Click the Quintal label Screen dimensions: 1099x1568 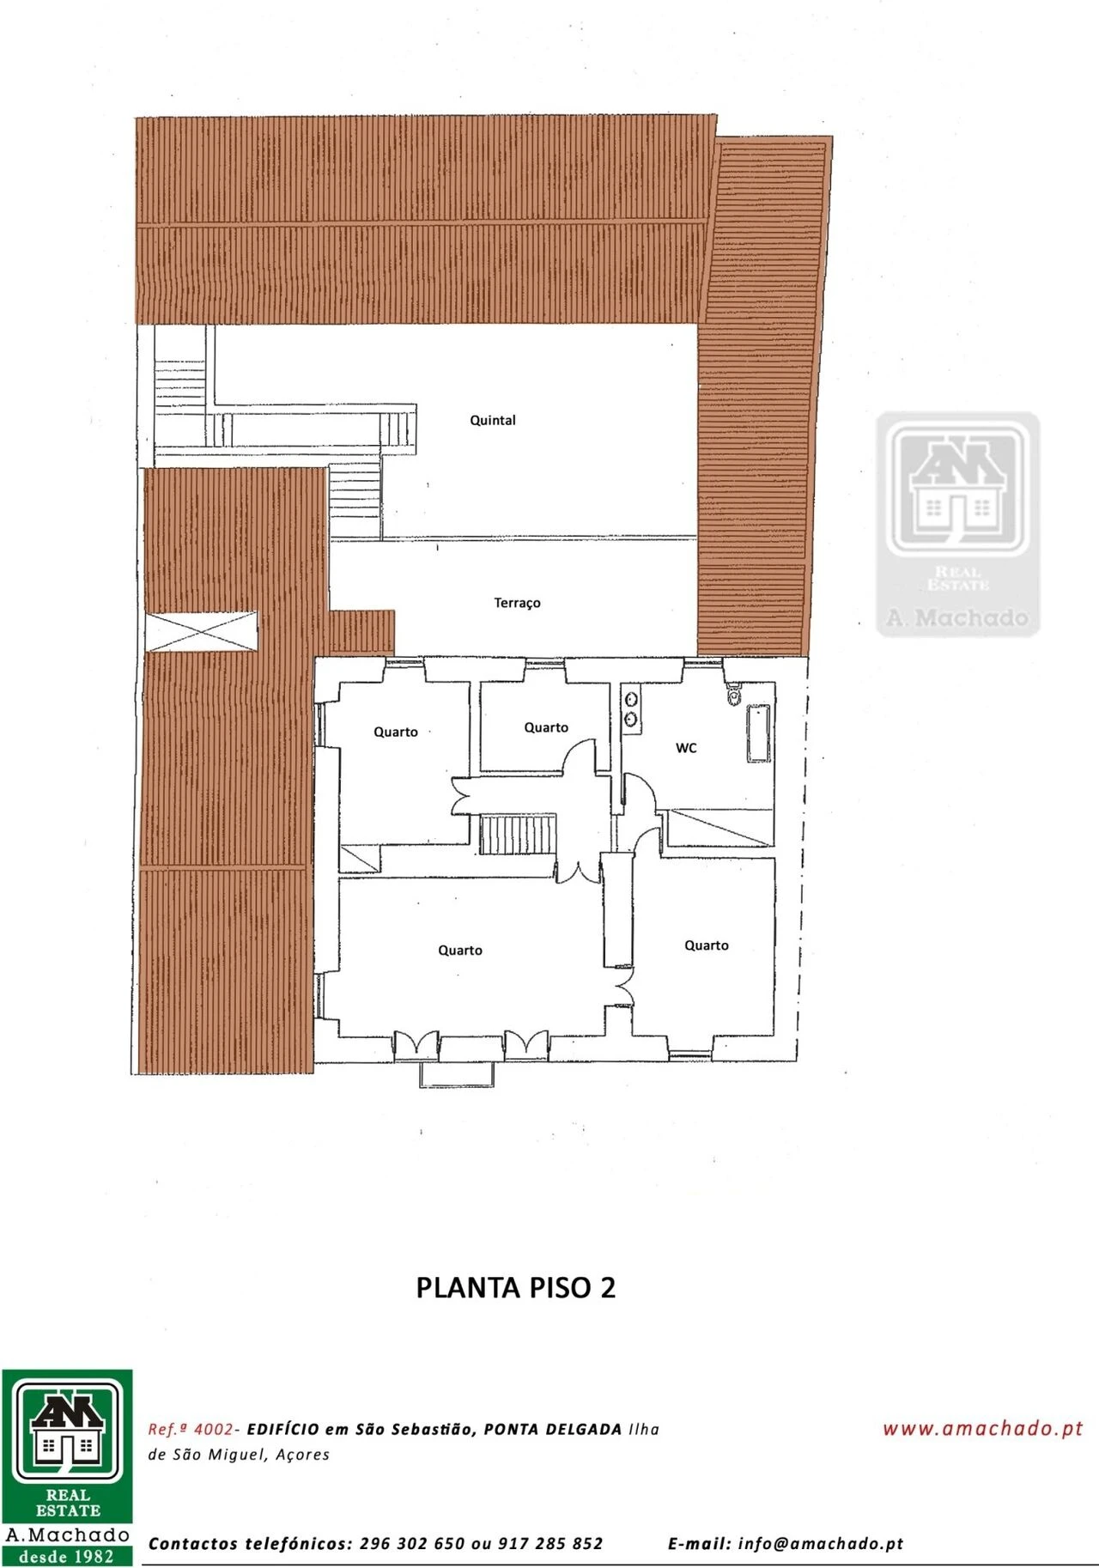tap(493, 420)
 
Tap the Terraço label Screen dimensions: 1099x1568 tap(517, 603)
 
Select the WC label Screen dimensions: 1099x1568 tap(686, 748)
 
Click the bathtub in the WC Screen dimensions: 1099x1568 tap(759, 732)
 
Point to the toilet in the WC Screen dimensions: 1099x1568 tap(734, 693)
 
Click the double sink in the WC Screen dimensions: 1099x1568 tap(631, 710)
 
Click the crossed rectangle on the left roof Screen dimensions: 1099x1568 tap(201, 632)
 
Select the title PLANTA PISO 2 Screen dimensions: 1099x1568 tap(516, 1288)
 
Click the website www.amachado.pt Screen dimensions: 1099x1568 tap(983, 1428)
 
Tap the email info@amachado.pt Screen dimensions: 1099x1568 tap(821, 1543)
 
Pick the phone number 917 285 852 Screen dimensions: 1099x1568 tap(550, 1543)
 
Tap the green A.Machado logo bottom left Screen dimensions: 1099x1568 tap(67, 1468)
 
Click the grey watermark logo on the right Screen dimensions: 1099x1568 tap(957, 524)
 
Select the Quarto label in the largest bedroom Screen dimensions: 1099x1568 tap(460, 951)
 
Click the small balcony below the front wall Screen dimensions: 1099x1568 tap(457, 1074)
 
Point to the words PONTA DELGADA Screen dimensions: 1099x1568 tap(553, 1429)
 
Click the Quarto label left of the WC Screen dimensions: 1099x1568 tap(546, 727)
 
